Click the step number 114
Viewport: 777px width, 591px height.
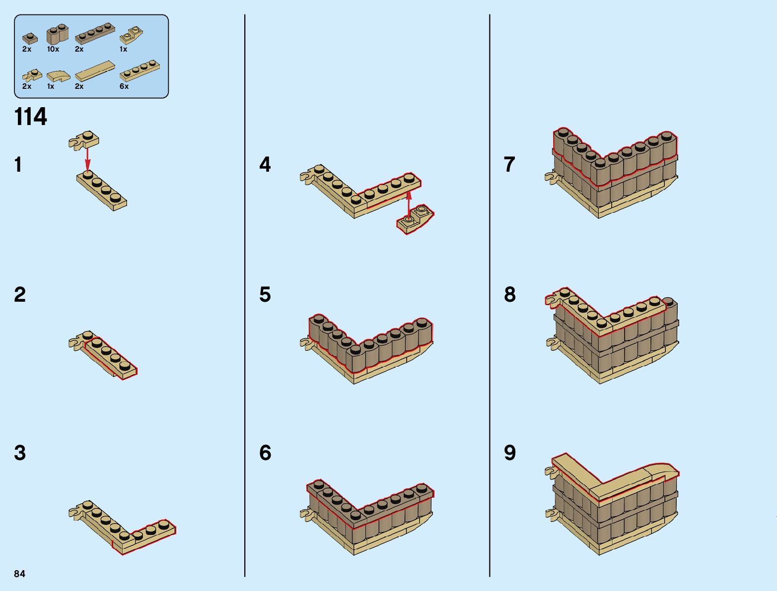point(31,117)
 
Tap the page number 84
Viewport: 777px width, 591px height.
point(19,574)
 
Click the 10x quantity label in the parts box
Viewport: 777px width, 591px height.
point(53,49)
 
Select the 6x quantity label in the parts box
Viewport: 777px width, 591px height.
point(124,86)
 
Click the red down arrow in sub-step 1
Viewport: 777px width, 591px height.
point(88,158)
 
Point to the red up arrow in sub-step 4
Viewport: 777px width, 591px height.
point(409,202)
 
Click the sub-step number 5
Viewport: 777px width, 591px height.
point(265,294)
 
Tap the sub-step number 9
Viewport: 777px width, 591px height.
point(510,453)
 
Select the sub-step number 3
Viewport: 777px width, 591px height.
point(20,453)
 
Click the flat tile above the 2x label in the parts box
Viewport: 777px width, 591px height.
point(95,71)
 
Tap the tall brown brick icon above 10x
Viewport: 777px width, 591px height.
point(57,35)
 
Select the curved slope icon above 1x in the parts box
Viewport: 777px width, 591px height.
point(58,76)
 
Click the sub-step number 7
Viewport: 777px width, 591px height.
point(510,164)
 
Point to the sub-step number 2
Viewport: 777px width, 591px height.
point(20,294)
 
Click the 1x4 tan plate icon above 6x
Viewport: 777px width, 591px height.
point(140,70)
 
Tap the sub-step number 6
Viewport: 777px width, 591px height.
point(265,453)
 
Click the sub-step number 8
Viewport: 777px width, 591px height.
point(510,294)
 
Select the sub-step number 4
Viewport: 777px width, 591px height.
point(265,164)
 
